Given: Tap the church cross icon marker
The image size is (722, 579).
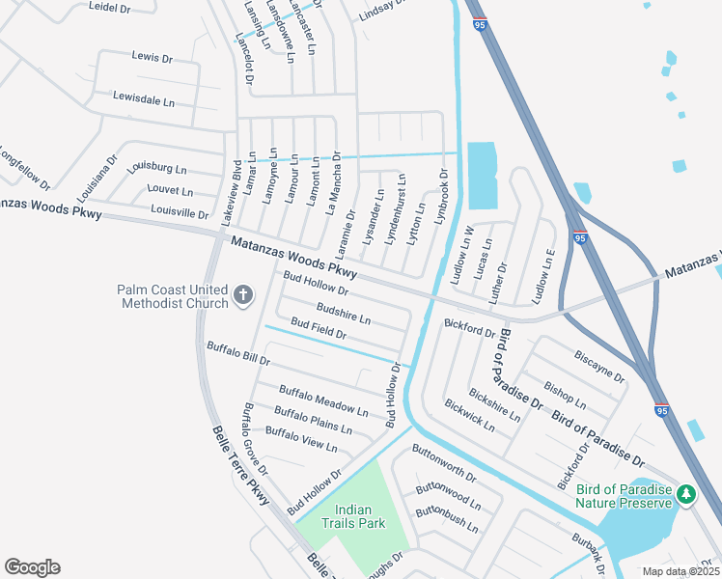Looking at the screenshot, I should [x=243, y=294].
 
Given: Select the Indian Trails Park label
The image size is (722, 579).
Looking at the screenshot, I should [x=359, y=516].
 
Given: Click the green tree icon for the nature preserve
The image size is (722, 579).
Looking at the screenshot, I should [x=686, y=494].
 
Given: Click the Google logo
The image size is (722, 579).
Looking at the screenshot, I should [x=32, y=567].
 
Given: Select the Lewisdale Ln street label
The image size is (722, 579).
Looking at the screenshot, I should [x=143, y=98].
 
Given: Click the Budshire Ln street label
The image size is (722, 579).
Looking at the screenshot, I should [x=343, y=315].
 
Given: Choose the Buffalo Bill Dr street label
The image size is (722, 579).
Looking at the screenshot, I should [x=238, y=352].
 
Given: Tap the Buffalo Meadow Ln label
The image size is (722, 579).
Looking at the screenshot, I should [x=323, y=400].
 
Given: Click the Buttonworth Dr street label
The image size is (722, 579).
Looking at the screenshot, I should [x=444, y=462].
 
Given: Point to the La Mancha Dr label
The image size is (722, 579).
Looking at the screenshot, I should [x=335, y=181].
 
